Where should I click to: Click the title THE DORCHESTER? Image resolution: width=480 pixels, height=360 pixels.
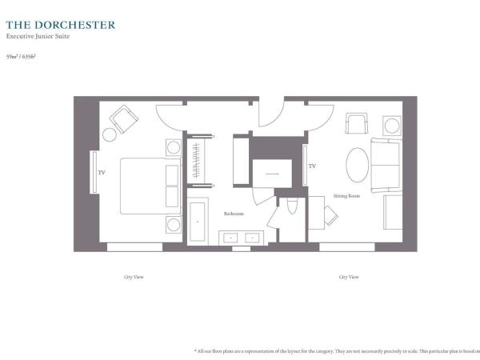pyautogui.click(x=61, y=24)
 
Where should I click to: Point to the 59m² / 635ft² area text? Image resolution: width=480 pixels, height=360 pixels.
pyautogui.click(x=22, y=57)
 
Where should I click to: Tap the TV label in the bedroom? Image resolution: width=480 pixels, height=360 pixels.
pyautogui.click(x=102, y=172)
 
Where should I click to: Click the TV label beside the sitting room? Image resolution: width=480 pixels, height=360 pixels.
pyautogui.click(x=312, y=166)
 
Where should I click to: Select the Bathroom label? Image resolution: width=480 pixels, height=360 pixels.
pyautogui.click(x=233, y=214)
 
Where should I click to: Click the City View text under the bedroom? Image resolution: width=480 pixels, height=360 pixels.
pyautogui.click(x=134, y=277)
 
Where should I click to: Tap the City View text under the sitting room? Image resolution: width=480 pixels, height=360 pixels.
pyautogui.click(x=348, y=277)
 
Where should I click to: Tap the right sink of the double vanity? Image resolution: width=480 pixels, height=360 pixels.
pyautogui.click(x=252, y=238)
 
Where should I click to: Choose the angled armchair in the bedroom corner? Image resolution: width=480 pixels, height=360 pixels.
pyautogui.click(x=124, y=119)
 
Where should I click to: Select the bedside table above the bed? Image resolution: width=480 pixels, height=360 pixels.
pyautogui.click(x=174, y=147)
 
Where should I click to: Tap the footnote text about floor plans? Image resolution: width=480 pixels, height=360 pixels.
pyautogui.click(x=336, y=350)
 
